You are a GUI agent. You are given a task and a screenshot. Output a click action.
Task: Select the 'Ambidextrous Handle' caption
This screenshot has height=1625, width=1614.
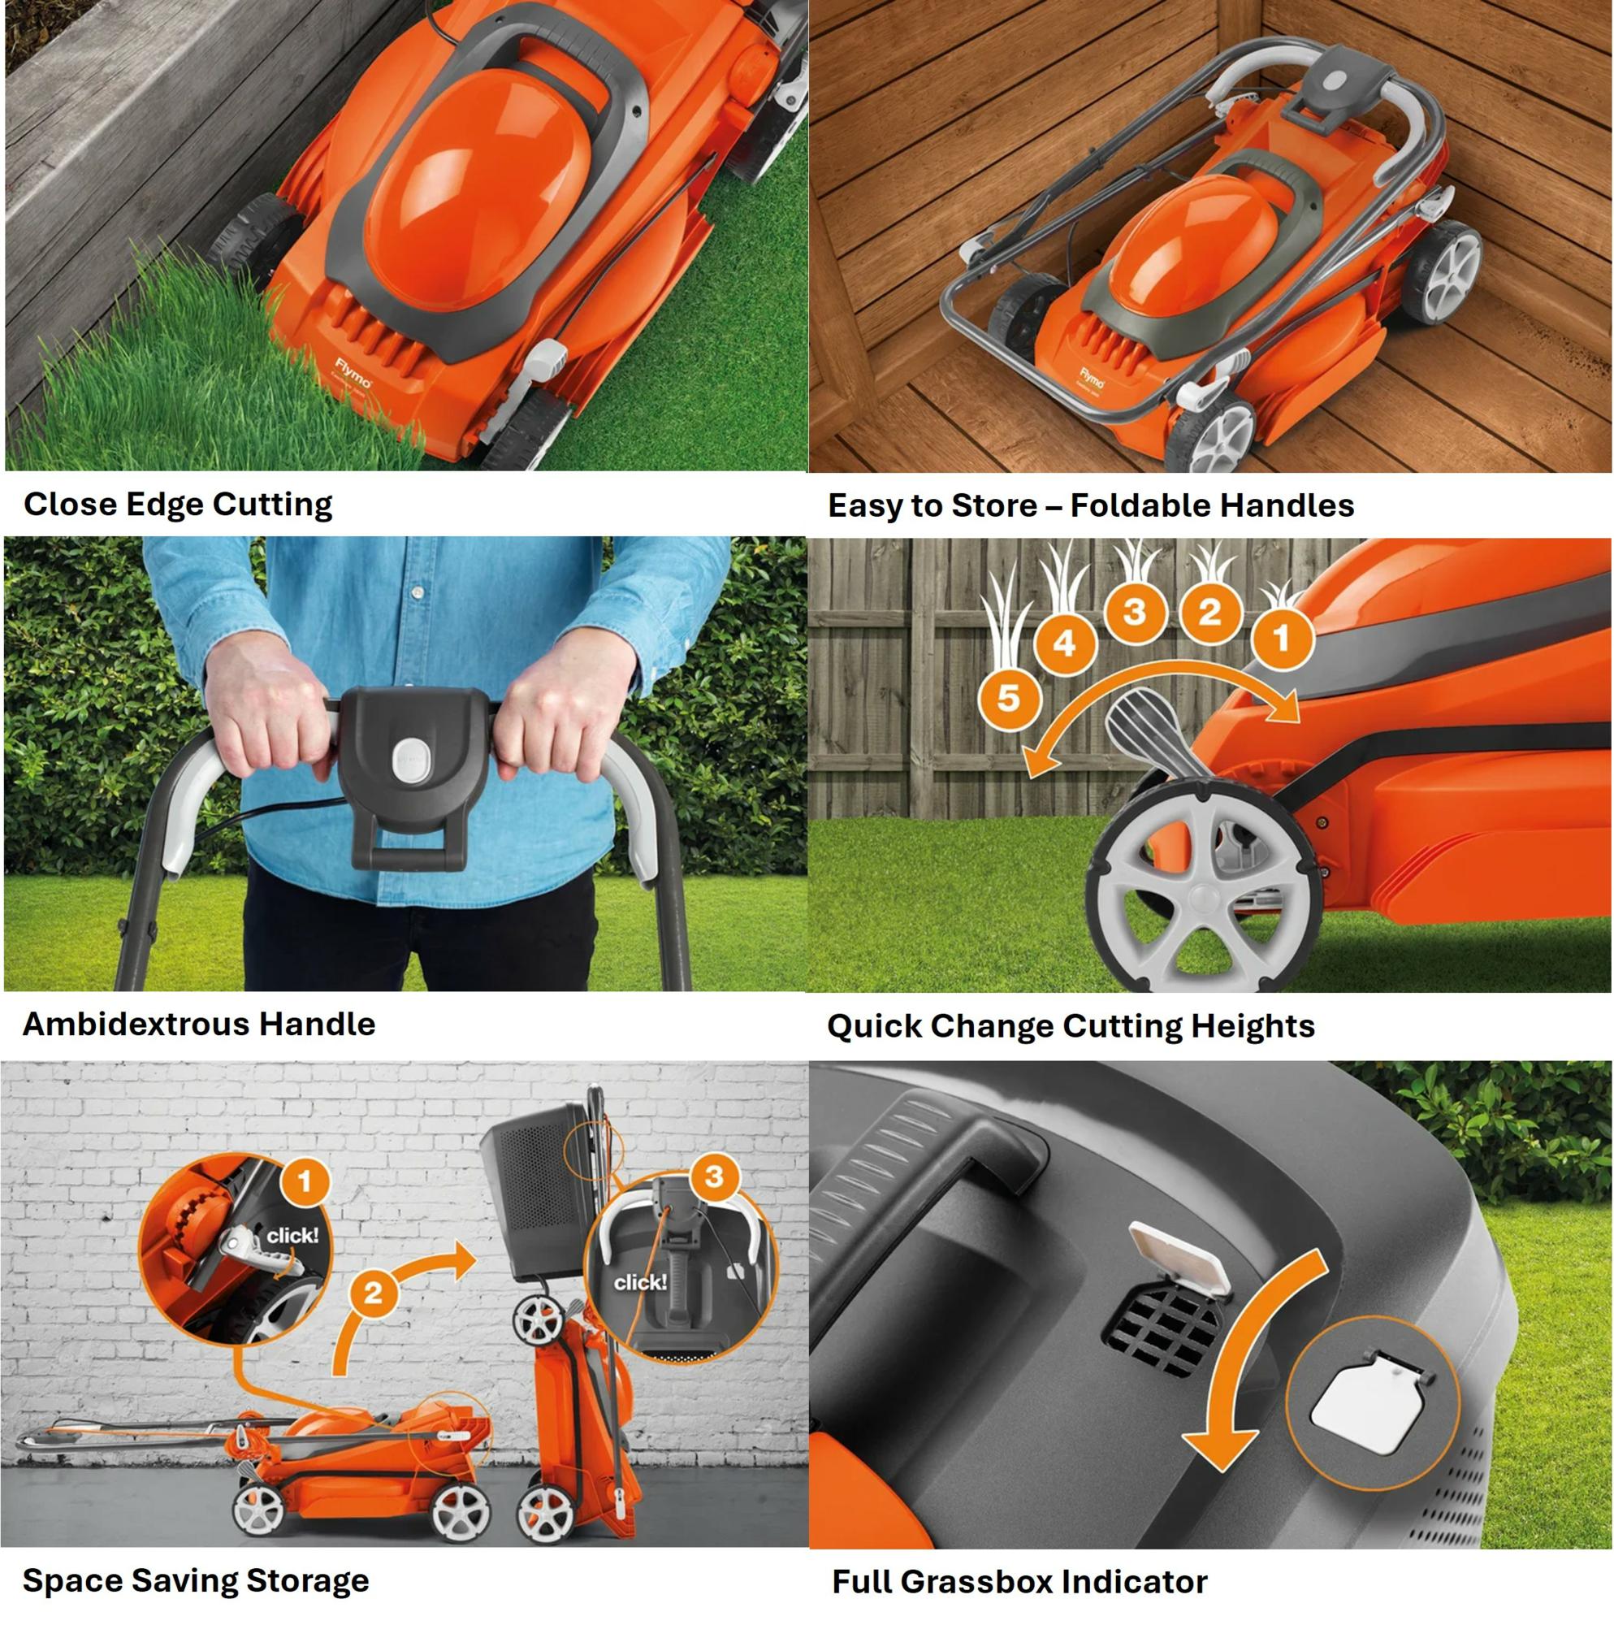[x=198, y=1025]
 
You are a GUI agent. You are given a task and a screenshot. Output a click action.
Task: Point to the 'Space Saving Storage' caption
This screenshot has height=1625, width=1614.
[x=195, y=1580]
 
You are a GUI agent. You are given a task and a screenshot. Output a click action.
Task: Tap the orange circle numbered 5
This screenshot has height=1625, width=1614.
[x=1008, y=697]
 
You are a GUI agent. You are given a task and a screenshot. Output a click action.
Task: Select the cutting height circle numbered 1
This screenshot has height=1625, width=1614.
[x=1282, y=639]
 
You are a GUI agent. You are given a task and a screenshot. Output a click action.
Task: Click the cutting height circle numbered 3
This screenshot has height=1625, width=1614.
[x=1135, y=612]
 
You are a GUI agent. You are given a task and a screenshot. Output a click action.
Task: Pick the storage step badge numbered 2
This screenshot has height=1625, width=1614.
[x=373, y=1291]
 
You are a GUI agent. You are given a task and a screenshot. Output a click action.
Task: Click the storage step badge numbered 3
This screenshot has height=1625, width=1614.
[x=713, y=1176]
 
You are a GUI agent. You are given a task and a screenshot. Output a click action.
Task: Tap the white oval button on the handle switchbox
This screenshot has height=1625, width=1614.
[x=411, y=761]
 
